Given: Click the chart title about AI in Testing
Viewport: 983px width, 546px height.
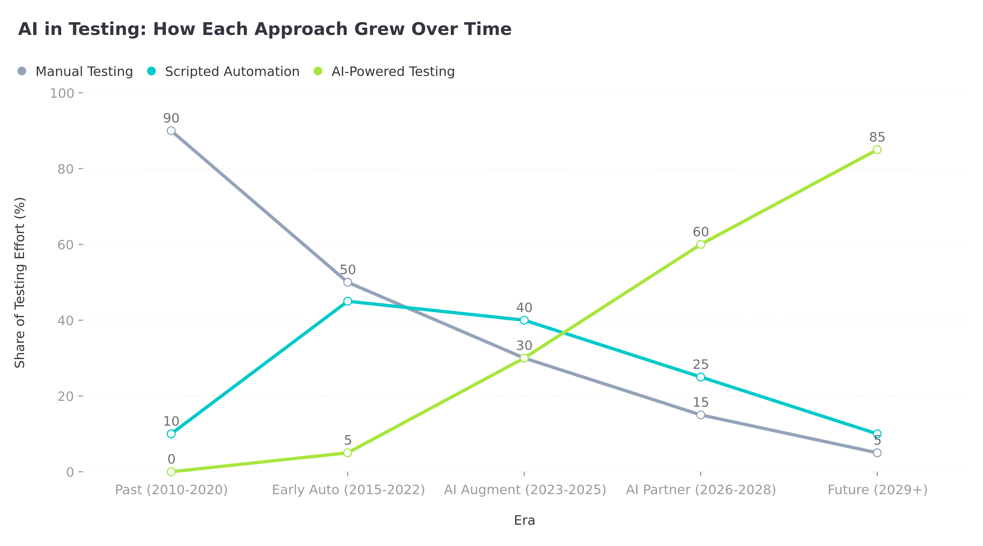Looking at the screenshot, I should coord(264,29).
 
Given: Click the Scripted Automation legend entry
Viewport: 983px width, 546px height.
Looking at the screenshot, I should coord(224,71).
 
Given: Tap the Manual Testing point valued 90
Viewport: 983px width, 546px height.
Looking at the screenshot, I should coord(171,131).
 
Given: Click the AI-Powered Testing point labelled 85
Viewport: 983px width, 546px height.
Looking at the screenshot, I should coord(877,150).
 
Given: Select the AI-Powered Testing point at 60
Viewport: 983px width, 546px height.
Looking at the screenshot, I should coord(700,244).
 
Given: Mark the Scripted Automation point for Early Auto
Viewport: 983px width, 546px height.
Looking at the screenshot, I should coord(348,301).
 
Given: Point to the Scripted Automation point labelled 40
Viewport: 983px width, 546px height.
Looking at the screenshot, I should coord(524,320).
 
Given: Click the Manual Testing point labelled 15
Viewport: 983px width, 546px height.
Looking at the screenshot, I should coord(700,415).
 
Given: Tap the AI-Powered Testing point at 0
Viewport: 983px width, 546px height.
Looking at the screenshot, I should coord(171,472).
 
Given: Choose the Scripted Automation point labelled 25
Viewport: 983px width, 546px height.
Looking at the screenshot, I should coord(700,377).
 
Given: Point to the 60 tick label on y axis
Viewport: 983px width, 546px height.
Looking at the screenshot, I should coord(65,245).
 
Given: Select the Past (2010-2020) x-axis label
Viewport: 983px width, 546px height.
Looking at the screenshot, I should coord(171,490).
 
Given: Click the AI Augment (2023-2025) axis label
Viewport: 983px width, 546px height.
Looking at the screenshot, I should coord(525,490).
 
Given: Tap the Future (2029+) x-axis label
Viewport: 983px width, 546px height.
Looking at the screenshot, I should coord(877,490).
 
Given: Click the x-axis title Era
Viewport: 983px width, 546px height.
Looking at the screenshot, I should coord(524,521).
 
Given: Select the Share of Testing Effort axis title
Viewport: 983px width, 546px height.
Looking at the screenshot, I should coord(20,282).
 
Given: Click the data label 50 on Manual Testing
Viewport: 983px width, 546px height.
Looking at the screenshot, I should coord(348,270).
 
